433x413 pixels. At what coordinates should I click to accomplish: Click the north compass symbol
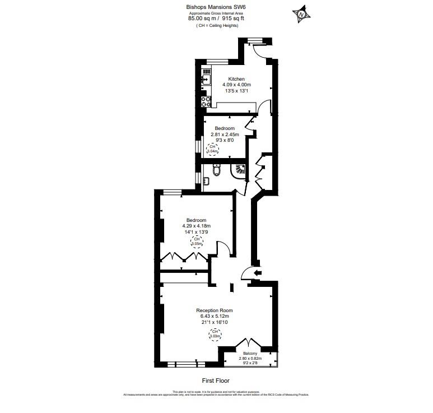pyautogui.click(x=301, y=13)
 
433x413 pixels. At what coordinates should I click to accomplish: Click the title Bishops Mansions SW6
pyautogui.click(x=216, y=7)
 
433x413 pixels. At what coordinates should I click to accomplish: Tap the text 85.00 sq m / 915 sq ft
pyautogui.click(x=216, y=18)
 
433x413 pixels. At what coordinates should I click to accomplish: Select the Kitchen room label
pyautogui.click(x=236, y=79)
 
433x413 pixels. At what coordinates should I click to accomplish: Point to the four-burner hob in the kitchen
pyautogui.click(x=206, y=101)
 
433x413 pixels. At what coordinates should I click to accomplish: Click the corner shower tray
pyautogui.click(x=239, y=170)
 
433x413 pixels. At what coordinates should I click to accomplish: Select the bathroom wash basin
pyautogui.click(x=206, y=180)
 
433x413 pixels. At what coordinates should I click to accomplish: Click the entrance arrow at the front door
pyautogui.click(x=257, y=273)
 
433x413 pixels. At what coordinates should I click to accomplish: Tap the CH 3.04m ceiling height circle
pyautogui.click(x=213, y=150)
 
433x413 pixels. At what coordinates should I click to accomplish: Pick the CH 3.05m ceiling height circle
pyautogui.click(x=197, y=242)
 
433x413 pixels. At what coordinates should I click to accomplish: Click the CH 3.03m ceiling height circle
pyautogui.click(x=215, y=335)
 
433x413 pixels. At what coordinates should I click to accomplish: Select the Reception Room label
pyautogui.click(x=214, y=310)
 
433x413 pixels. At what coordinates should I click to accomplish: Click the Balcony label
pyautogui.click(x=250, y=354)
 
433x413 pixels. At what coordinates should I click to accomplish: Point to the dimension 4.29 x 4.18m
pyautogui.click(x=196, y=226)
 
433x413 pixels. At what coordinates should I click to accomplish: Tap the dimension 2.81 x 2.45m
pyautogui.click(x=225, y=134)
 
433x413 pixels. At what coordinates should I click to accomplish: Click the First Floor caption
pyautogui.click(x=216, y=380)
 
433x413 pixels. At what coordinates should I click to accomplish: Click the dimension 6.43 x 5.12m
pyautogui.click(x=214, y=317)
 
